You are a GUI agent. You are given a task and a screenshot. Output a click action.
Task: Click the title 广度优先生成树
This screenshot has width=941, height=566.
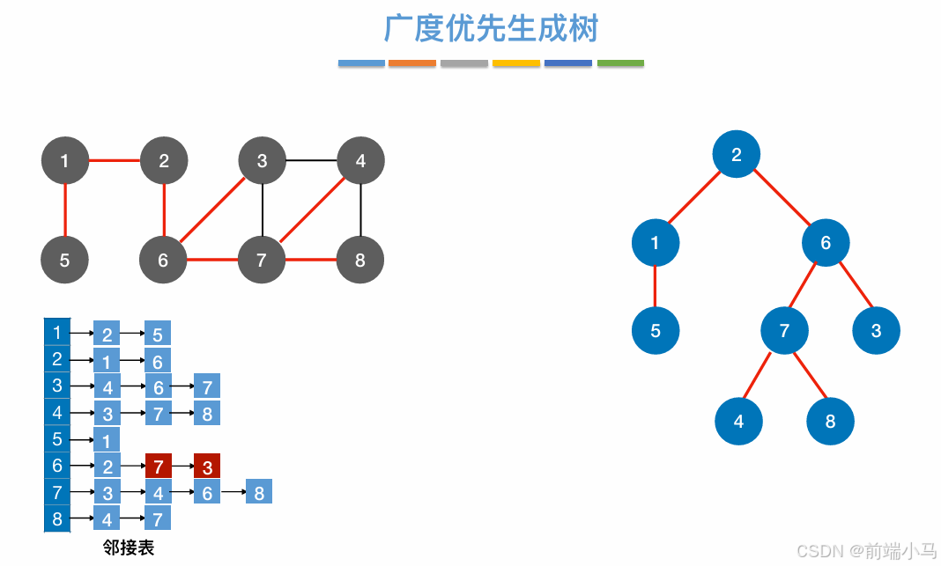(491, 28)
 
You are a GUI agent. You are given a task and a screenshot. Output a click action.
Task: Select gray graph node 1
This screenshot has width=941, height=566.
(65, 161)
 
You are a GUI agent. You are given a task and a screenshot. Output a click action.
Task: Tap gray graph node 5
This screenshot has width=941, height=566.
(65, 261)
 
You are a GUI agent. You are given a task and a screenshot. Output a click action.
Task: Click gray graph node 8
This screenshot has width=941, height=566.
(360, 261)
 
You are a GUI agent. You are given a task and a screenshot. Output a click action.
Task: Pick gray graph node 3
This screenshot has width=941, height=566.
(262, 161)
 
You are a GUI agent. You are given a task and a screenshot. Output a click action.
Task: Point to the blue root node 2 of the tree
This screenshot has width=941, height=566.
(737, 155)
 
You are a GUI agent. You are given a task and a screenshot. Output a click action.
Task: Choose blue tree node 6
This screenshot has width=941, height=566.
(826, 243)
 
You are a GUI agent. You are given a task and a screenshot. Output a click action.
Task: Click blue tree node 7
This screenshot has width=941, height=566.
(785, 331)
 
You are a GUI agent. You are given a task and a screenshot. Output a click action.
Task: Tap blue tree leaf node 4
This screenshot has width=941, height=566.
(738, 422)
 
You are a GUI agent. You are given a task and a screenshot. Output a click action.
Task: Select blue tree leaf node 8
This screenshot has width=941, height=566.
(830, 422)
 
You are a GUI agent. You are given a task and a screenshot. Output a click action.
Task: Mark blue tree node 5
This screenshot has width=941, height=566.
(656, 331)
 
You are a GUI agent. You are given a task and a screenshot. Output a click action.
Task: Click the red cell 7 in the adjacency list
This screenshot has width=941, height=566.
(159, 466)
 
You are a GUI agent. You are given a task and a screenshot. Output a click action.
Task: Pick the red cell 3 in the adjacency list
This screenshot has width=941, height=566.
(207, 466)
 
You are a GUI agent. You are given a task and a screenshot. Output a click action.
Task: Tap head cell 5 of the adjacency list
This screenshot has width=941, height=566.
(57, 439)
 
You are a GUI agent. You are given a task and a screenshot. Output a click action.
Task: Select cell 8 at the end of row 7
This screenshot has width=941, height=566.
(259, 492)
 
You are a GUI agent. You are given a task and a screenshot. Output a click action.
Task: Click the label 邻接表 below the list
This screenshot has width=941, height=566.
(129, 548)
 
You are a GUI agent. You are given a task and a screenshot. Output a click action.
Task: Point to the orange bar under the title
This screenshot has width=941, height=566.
(412, 63)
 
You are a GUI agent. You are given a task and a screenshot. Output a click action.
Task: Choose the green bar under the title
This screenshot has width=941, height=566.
(620, 63)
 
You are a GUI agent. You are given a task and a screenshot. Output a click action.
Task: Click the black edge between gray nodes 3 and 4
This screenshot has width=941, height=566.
(311, 161)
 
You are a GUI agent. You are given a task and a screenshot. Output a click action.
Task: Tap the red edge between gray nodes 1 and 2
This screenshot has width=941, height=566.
(115, 161)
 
